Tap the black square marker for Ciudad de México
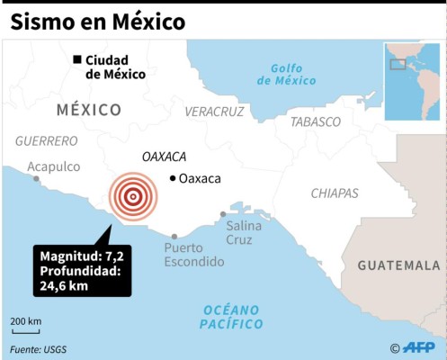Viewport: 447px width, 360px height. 77,60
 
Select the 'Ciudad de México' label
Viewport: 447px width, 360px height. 115,67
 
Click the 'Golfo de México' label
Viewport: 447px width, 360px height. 287,74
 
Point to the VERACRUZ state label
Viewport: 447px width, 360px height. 214,112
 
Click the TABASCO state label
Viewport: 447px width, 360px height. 316,121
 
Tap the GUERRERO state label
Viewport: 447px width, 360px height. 47,141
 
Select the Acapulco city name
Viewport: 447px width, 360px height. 54,166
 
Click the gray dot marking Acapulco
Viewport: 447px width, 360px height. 37,179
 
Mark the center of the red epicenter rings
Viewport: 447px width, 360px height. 132,195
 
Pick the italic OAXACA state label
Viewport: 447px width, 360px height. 164,157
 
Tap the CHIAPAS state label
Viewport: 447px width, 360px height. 335,193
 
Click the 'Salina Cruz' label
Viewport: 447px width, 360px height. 244,233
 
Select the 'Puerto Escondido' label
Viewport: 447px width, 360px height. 193,255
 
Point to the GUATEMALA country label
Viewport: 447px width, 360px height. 398,265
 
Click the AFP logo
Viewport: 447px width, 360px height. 420,347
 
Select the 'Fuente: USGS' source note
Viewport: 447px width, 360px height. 39,349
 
